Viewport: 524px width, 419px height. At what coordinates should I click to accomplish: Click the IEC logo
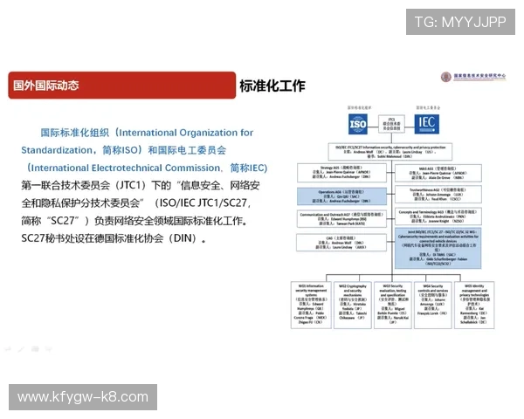click(426, 124)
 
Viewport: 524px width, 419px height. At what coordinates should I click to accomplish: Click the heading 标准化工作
click(272, 86)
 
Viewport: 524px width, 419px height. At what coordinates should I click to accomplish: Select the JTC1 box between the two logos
click(393, 124)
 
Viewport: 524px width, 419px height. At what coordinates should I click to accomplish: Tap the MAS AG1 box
click(441, 171)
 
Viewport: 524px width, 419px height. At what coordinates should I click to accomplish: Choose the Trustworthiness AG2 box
click(441, 194)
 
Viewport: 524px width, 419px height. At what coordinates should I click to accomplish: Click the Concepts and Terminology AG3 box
click(441, 217)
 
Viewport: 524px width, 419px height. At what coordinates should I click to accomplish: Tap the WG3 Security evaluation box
click(394, 304)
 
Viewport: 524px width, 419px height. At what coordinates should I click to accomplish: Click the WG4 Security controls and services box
click(434, 304)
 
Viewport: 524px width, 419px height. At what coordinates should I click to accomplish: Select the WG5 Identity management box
click(474, 304)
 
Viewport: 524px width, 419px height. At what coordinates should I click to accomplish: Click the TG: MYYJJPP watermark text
click(459, 22)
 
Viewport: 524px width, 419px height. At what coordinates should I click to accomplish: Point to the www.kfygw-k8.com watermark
click(83, 397)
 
